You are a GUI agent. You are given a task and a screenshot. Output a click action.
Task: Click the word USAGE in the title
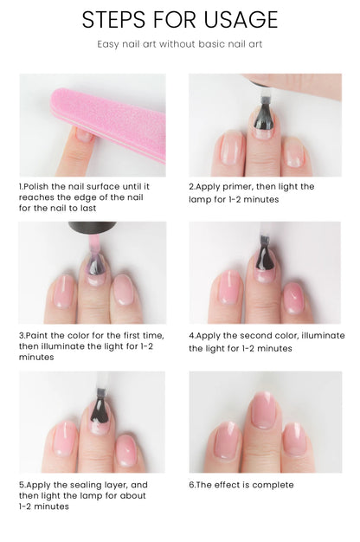241,19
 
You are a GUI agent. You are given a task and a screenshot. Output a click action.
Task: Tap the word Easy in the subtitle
108,45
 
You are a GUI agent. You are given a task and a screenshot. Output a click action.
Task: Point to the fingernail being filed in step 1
85,135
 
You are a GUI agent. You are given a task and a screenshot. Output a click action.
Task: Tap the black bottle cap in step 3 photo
93,226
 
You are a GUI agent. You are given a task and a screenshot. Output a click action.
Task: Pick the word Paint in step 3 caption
37,335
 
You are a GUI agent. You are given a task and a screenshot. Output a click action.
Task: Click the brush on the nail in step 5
100,407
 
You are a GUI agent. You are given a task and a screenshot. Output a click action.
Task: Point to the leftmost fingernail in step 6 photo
227,440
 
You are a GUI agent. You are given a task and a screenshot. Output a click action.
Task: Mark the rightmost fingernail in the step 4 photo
294,298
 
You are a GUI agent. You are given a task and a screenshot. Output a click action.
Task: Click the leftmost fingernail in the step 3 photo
64,291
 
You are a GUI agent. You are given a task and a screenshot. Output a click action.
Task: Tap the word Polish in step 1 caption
36,187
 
